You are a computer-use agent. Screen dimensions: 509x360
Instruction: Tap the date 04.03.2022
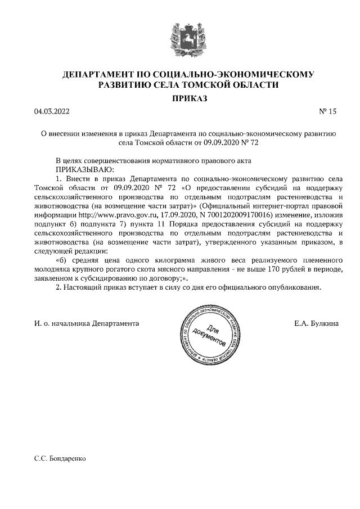pos(52,111)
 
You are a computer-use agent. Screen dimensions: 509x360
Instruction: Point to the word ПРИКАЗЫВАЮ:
pos(84,169)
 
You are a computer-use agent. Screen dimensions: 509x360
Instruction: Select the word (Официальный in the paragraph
pos(228,206)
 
